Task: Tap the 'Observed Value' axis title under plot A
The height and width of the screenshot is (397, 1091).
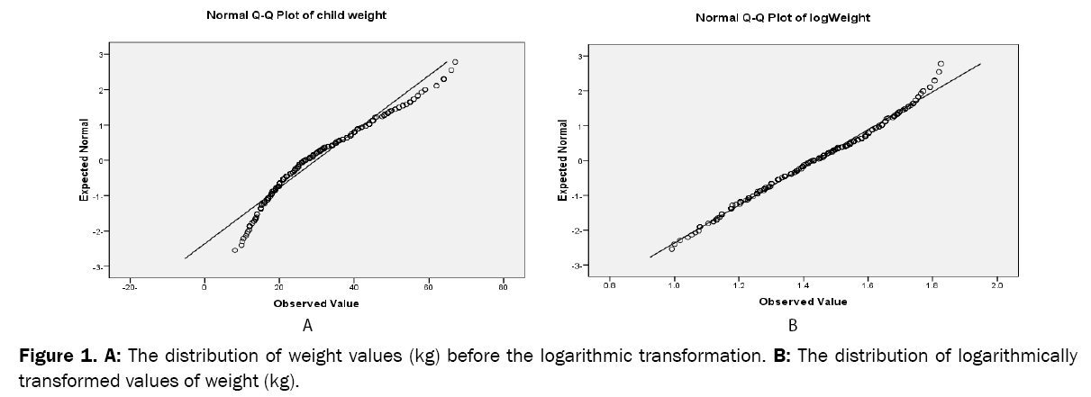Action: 316,303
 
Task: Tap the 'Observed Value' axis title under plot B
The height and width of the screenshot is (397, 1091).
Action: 803,301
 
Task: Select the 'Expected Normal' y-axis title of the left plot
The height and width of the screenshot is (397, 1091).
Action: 84,160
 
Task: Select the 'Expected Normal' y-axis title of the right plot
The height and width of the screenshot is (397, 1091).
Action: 562,160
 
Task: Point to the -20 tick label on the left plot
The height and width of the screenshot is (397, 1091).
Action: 129,287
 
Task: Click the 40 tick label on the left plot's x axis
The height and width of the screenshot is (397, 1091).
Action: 354,287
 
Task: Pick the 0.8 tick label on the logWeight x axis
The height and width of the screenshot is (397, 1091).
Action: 609,285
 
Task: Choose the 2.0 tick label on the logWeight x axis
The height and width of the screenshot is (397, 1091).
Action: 996,285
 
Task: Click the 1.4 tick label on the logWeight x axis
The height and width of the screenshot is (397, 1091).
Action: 803,285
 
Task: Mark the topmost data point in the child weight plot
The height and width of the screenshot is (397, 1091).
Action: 455,62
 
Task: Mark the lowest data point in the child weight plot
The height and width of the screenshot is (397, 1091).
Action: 235,250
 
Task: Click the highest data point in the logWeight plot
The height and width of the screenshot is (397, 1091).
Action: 941,64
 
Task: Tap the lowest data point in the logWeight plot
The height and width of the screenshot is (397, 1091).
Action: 672,248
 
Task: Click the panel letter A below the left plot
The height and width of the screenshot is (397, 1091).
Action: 307,324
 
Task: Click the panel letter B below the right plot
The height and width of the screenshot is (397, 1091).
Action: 793,324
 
